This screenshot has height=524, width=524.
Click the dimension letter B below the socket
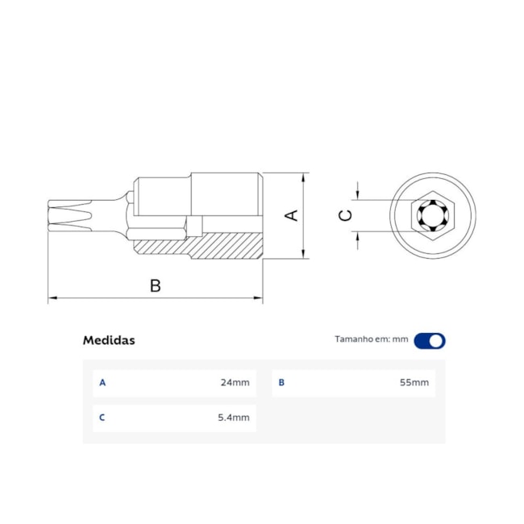tap(156, 285)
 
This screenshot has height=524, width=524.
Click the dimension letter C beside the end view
tap(345, 215)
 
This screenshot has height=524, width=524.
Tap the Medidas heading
tap(109, 340)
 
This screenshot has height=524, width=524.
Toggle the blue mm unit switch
tap(430, 340)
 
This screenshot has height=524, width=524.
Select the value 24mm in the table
tap(235, 383)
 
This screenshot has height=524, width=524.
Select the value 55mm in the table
tap(414, 383)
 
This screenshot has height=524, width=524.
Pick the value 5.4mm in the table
tap(234, 418)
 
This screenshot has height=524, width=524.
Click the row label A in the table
tap(102, 383)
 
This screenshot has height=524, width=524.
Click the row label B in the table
tap(281, 383)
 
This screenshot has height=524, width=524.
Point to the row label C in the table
tap(102, 418)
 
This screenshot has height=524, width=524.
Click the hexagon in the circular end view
tap(433, 216)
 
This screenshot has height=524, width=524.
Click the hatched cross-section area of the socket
tap(218, 245)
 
